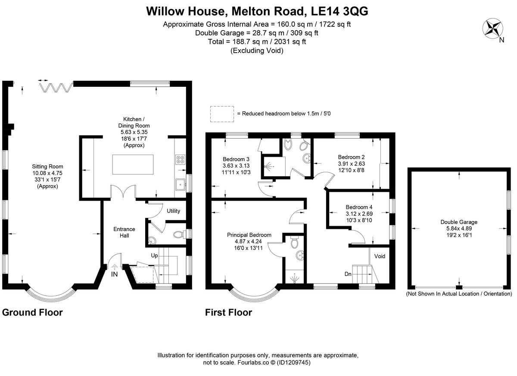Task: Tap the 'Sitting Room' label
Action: pos(47,166)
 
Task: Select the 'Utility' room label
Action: pos(173,211)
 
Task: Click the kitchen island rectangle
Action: pos(132,164)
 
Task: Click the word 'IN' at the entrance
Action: pos(114,274)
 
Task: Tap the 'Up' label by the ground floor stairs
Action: pos(154,256)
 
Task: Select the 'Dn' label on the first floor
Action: pos(348,274)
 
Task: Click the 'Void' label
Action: pos(380,256)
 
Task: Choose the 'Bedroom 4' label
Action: pos(356,207)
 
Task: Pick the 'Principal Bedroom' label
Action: pos(249,235)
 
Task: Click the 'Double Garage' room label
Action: pos(459,222)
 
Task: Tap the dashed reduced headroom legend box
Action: pos(222,114)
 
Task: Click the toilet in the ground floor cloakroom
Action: pos(178,234)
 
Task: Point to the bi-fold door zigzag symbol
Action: pos(55,88)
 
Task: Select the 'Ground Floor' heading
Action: pos(33,313)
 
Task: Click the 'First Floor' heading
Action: pos(228,313)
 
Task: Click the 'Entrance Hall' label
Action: pos(124,232)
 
